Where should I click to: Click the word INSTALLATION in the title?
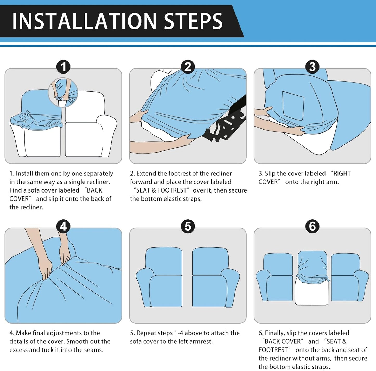(x=84, y=21)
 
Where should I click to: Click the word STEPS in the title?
(x=193, y=21)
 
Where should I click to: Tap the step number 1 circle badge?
(x=63, y=67)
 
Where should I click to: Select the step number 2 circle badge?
(x=188, y=67)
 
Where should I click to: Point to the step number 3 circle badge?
(x=313, y=67)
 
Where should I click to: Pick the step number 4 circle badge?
(x=63, y=227)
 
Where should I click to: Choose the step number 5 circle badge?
(x=188, y=227)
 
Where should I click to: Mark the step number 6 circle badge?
(x=313, y=227)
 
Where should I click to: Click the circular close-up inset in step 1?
(x=63, y=92)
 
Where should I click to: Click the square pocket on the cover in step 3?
(x=293, y=105)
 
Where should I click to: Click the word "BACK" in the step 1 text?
(x=94, y=190)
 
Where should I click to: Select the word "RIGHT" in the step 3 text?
(x=342, y=173)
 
